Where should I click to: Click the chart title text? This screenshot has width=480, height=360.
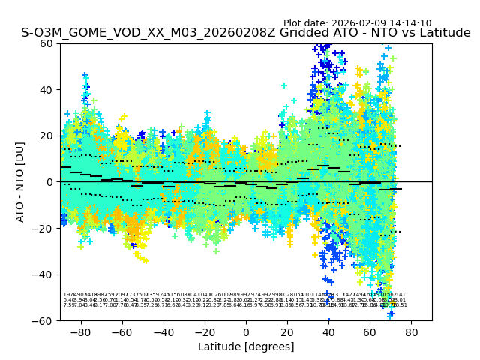245,33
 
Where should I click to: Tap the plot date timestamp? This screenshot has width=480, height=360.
357,23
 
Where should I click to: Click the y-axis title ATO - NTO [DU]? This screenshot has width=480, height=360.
21,182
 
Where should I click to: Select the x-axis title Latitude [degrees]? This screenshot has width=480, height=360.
245,346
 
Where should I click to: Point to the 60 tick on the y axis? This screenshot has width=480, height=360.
47,43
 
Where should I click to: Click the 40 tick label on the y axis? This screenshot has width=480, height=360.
47,90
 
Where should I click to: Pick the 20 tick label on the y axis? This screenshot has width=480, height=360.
47,136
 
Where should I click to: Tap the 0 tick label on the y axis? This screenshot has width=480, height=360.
50,182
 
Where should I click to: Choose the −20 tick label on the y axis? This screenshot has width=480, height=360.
44,229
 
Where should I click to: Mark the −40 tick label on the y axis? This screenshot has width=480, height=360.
44,274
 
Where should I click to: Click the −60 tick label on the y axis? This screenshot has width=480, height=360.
44,321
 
